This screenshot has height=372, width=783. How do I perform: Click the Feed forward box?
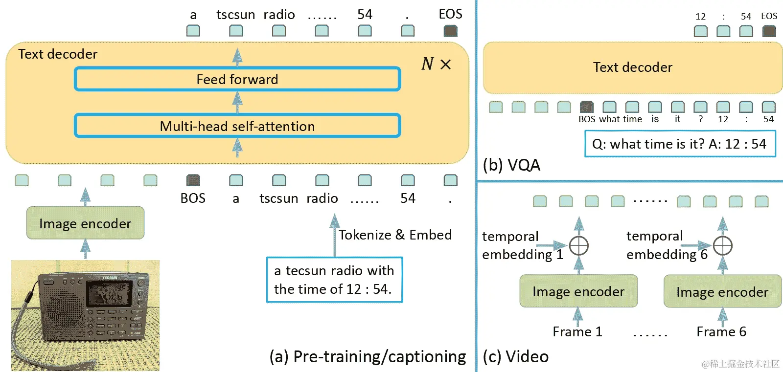point(237,79)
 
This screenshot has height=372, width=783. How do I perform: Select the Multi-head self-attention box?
point(237,126)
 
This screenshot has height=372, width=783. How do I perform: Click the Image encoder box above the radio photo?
point(85,223)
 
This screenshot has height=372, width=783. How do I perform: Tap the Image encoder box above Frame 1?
point(578,291)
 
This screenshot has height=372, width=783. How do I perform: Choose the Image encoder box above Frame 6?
point(722,292)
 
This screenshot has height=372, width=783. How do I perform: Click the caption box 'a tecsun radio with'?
point(335,280)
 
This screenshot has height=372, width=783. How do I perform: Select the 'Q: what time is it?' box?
point(680,144)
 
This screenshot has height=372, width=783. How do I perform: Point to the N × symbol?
point(436,64)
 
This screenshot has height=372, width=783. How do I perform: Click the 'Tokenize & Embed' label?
point(395,235)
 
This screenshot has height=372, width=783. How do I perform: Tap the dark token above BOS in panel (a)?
point(193,180)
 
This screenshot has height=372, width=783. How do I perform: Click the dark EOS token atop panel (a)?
point(450,31)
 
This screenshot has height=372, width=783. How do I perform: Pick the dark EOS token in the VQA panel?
point(769,31)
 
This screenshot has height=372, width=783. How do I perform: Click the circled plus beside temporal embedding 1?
point(579,245)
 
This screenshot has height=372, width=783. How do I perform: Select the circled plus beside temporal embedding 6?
point(723,245)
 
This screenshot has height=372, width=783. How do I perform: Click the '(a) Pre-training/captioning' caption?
point(368,357)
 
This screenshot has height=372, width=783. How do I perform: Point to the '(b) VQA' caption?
point(511,165)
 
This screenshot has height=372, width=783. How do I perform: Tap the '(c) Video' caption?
point(515,357)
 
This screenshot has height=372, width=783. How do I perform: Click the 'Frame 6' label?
point(721,332)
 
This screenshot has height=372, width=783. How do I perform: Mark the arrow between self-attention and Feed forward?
point(237,102)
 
